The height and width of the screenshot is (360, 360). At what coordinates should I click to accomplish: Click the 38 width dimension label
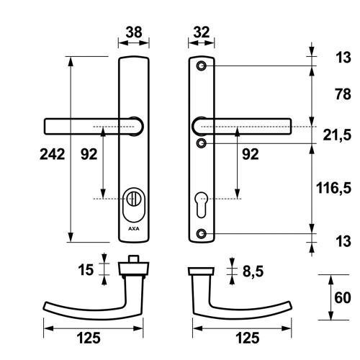coord(134,32)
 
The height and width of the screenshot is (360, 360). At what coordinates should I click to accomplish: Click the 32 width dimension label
coord(202,32)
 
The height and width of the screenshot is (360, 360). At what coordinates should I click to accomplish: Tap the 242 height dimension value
coord(53,154)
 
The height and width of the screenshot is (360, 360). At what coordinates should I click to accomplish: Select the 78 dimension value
coord(343,94)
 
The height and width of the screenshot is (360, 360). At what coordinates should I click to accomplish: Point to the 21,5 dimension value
coord(337,135)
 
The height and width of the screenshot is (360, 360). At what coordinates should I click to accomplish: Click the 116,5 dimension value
coord(333,188)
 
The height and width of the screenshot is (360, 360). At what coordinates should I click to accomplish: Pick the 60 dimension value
coord(343,297)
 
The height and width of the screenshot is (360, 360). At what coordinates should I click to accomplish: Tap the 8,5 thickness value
coord(253,271)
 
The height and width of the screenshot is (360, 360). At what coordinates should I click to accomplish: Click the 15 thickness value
coord(86,270)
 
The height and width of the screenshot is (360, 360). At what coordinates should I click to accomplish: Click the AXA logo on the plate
coord(134,229)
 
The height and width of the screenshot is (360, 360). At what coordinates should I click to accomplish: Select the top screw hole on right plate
coord(202,66)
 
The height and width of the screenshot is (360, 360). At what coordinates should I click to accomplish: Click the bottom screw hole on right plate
coord(202,233)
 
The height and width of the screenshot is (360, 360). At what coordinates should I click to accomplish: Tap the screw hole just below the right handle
coord(202,143)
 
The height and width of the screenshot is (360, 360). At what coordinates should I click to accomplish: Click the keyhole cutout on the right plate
coord(202,204)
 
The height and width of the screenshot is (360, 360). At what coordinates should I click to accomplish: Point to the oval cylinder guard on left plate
coord(134,204)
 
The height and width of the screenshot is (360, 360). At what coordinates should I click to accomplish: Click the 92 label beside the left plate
coord(89,154)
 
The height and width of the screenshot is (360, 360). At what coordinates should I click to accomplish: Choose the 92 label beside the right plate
coord(251,154)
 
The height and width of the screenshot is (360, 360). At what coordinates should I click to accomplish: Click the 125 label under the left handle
coord(89,338)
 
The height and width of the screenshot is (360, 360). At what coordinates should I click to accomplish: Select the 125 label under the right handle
coord(248,338)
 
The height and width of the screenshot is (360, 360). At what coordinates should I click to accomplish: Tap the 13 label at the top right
coord(343,58)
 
